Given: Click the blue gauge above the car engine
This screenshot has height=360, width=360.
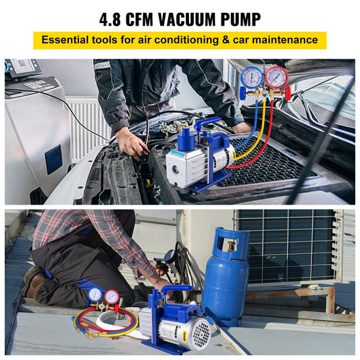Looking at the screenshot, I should (251, 78).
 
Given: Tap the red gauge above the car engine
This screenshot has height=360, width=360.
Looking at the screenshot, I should (276, 78).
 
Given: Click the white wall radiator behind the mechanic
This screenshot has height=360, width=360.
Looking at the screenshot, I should (88, 125).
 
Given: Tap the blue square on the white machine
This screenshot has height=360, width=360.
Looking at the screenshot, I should (53, 159).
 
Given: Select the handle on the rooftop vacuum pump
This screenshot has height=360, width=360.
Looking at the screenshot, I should (177, 291).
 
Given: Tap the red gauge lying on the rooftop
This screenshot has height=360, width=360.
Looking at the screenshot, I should (111, 297).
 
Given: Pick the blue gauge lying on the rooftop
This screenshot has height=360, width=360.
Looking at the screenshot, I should (95, 295).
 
